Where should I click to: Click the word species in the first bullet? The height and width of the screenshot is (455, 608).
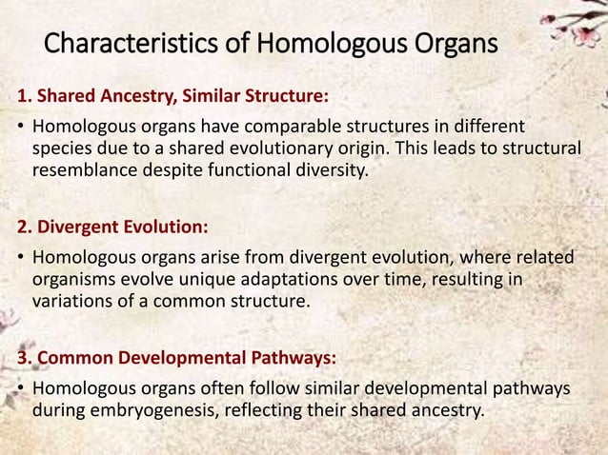tap(62, 150)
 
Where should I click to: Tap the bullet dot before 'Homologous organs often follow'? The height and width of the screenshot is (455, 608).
tap(19, 390)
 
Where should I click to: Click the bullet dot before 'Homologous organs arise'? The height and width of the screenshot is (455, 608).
tap(19, 259)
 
